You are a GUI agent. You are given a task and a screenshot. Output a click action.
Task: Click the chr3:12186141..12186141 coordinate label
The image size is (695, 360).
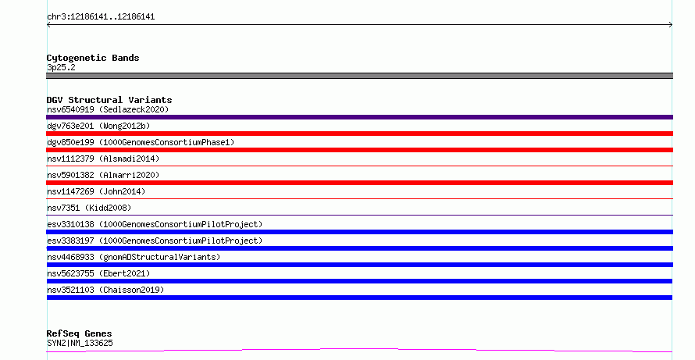[x=101, y=17]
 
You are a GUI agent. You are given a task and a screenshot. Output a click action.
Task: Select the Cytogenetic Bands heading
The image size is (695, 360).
[x=93, y=58]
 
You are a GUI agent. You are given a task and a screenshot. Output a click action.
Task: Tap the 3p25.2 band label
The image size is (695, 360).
[x=61, y=67]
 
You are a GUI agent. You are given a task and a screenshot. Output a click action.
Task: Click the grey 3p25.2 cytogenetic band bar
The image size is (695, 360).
[x=359, y=76]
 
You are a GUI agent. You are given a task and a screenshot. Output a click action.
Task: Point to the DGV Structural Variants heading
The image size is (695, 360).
[x=109, y=100]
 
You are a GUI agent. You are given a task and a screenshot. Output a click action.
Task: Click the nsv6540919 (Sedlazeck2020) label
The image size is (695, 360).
[x=108, y=109]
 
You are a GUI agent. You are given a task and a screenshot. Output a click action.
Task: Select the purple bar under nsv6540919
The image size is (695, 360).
[x=359, y=117]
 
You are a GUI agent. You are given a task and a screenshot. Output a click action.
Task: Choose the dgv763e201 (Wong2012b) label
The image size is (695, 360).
[x=98, y=126]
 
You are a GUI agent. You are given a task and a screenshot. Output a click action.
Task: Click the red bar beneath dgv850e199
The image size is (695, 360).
[x=359, y=150]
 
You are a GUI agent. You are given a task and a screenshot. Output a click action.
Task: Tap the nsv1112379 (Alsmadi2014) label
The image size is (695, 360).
[x=103, y=159]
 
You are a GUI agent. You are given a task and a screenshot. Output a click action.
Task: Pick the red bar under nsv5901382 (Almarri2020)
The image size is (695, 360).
[x=359, y=183]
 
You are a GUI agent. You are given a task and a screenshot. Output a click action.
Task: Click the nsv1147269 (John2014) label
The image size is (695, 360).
[x=96, y=191]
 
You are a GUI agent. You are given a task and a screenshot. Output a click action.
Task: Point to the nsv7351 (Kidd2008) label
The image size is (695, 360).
[x=89, y=208]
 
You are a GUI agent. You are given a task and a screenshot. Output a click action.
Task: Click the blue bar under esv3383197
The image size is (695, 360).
[x=359, y=248]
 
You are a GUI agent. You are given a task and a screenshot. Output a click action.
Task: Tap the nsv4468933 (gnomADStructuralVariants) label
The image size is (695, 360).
[x=134, y=257]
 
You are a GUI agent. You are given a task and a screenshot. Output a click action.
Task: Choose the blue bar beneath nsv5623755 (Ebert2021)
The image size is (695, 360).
[x=359, y=281]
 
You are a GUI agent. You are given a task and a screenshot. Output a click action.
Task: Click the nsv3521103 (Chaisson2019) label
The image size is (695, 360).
[x=105, y=290]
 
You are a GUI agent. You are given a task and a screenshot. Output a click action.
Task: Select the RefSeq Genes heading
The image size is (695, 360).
[x=79, y=333]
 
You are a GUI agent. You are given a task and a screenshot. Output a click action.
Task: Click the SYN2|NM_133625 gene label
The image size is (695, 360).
[x=80, y=343]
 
